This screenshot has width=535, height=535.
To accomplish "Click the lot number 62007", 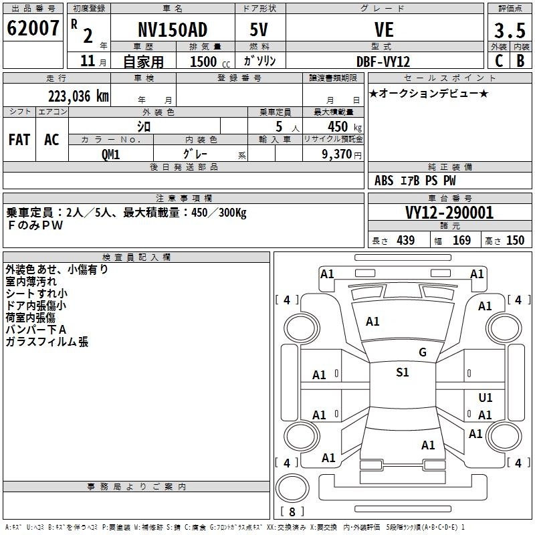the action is coord(33,28).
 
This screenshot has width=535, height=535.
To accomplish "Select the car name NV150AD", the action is coord(173,29).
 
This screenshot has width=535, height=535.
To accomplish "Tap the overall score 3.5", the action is coord(510,31).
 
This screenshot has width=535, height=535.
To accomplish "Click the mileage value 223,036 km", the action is coord(78,96).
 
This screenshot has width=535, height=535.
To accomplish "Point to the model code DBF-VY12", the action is coord(383,62).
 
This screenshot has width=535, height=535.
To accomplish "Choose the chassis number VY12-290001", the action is coord(449,213).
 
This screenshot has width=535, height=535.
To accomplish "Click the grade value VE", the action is coord(384,29).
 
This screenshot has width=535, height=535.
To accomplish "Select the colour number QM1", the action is coord(110,154).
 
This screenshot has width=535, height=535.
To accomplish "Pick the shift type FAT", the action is coord(19,140).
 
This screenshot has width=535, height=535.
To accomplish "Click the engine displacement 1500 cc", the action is coord(210,62).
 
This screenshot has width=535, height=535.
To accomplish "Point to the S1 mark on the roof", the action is coord(403,372).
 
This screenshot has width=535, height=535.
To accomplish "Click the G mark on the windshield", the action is coord(423,352).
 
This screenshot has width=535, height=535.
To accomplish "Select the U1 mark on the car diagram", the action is coord(486,398).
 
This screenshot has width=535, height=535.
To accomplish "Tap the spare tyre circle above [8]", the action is coord(292,488).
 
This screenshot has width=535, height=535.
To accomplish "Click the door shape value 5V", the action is coord(259,29).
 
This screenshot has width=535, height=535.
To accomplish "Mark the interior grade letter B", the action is coord(520,61).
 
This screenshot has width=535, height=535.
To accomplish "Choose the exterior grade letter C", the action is coord(499,61).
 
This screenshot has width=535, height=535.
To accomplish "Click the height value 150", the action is coord(515,241).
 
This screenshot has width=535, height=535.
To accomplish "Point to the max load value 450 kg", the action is coord(344,127).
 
